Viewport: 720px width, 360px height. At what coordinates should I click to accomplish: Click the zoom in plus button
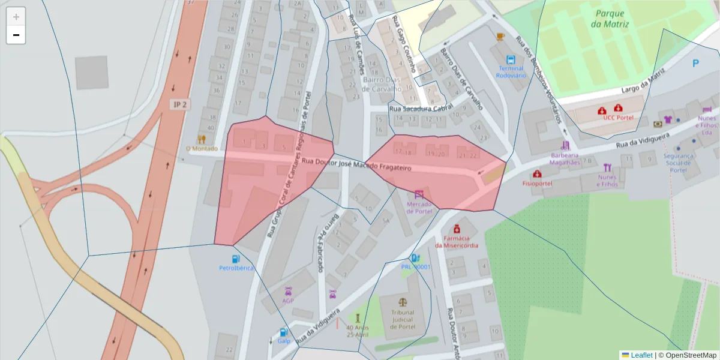pos(16,16)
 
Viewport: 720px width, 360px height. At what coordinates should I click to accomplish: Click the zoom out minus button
pos(16,35)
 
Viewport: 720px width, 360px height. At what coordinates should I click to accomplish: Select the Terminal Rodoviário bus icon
pos(511,60)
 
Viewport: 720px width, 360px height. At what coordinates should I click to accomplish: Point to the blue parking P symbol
pos(695,63)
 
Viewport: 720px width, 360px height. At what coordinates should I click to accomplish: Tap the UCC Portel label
pos(618,118)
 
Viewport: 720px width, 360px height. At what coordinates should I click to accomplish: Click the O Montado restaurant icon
pos(201,139)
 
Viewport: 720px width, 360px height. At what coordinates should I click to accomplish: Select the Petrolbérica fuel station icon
pos(235,259)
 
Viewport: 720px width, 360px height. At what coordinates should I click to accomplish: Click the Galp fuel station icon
pos(283,332)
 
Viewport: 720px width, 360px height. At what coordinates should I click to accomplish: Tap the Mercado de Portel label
pos(419,207)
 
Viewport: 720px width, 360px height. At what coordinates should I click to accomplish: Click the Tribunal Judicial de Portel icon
pos(402,302)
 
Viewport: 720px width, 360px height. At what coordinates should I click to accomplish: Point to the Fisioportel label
pos(537,183)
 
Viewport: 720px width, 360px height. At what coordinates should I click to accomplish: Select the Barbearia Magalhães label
pos(565,158)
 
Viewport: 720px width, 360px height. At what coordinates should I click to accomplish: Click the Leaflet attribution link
pos(641,355)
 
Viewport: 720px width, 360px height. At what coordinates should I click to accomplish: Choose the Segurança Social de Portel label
pos(678,163)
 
